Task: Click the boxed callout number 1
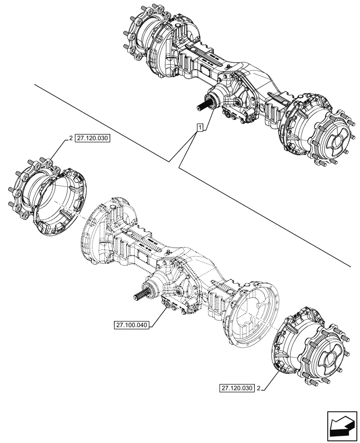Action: (x=200, y=128)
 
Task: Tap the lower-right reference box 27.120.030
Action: (x=237, y=388)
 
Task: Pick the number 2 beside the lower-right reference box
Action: (x=259, y=388)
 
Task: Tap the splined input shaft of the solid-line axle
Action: (x=204, y=105)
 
